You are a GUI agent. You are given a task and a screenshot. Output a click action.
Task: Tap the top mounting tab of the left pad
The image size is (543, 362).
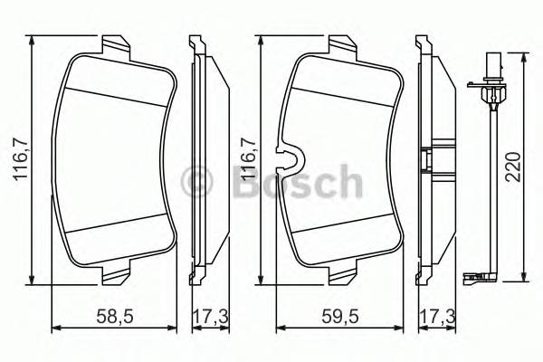[x=115, y=45]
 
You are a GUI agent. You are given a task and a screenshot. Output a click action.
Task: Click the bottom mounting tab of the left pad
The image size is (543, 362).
[x=115, y=272]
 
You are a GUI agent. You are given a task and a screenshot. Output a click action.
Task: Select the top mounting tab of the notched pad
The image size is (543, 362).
[x=342, y=45]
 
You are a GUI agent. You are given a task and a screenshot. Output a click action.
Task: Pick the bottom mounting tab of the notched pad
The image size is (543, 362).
[x=342, y=272]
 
